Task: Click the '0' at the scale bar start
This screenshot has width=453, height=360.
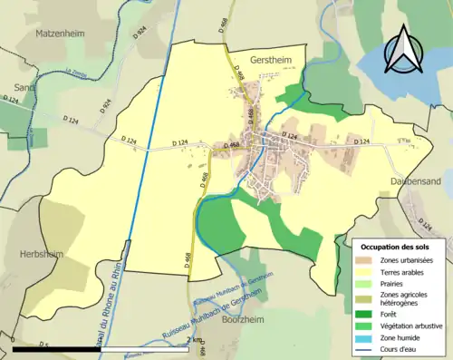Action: [14, 339]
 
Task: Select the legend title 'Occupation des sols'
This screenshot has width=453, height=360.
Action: [397, 246]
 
